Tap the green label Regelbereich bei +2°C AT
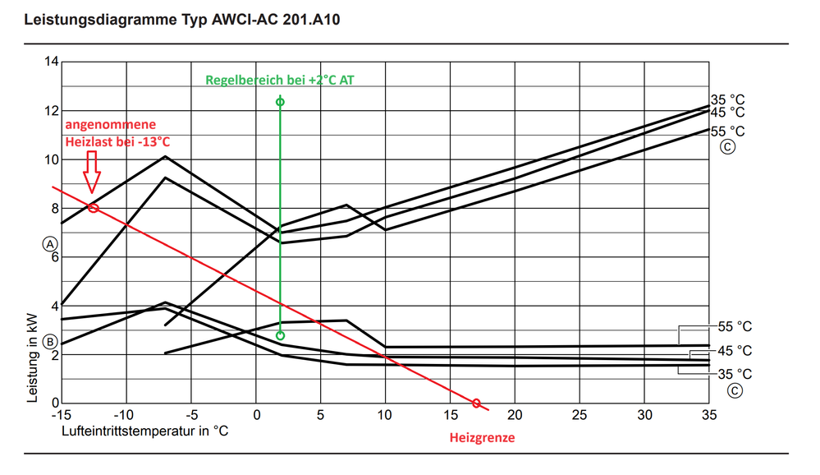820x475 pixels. tap(280, 80)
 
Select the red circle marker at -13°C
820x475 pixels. tap(93, 208)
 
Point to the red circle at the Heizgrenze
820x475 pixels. tap(476, 403)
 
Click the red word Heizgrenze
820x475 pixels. tap(482, 437)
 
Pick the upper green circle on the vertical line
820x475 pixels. tap(280, 102)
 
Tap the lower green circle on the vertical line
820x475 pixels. tap(280, 335)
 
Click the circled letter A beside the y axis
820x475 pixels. tap(50, 244)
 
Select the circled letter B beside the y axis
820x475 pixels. tap(50, 341)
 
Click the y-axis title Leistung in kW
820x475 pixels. tap(34, 358)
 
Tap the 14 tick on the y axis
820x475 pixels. tap(52, 62)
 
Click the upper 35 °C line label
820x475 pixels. tap(727, 99)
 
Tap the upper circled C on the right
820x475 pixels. tap(727, 149)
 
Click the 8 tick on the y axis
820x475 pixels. tap(54, 209)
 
